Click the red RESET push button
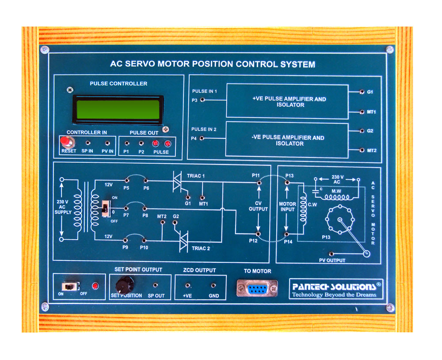pos(66,142)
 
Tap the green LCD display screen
pos(118,109)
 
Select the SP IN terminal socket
pos(88,143)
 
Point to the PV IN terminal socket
pos(107,143)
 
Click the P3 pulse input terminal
pos(202,100)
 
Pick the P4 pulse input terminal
pos(202,138)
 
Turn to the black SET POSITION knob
pos(125,283)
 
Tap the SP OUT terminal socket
pos(155,285)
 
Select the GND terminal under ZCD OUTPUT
pos(213,286)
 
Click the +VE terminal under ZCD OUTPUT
pos(188,286)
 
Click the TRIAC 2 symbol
pos(184,242)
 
